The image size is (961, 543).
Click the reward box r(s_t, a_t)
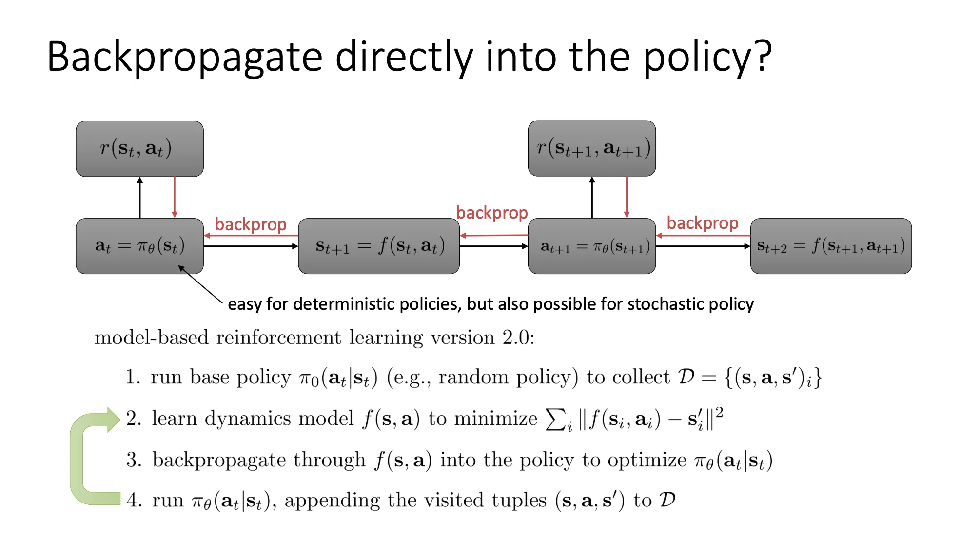point(139,149)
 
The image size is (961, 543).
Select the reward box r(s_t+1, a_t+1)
point(591,148)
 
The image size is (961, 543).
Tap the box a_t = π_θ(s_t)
point(139,246)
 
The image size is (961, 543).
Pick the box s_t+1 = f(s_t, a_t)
point(379,246)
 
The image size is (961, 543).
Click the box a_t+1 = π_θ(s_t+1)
point(591,246)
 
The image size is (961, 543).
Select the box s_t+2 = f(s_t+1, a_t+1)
point(830,246)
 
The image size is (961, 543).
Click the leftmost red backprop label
point(251,224)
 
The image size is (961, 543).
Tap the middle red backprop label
point(491,213)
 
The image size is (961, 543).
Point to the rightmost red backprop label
point(702,223)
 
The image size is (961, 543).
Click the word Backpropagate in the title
point(184,58)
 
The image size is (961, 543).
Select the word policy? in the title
point(707,58)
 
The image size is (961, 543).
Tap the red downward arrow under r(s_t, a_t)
point(175,197)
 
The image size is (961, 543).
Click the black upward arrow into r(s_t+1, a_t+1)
point(592,197)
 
